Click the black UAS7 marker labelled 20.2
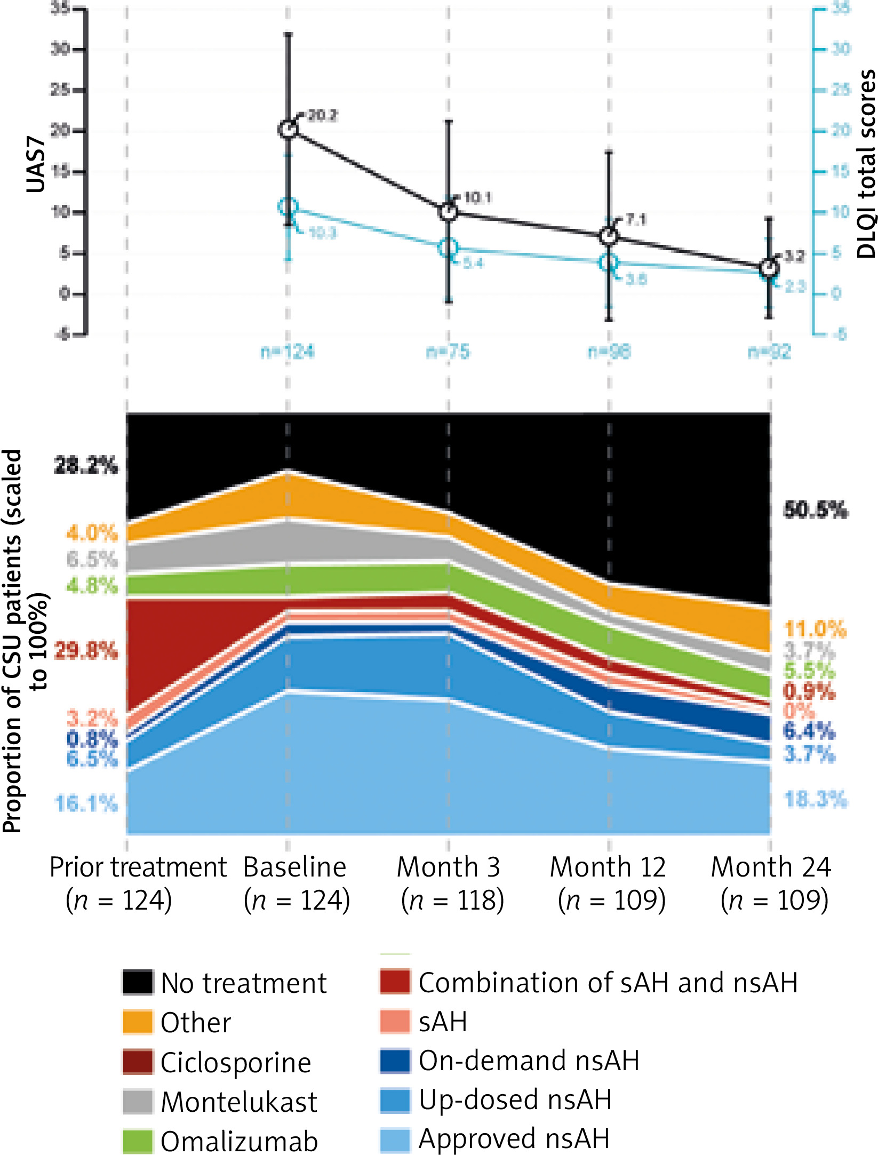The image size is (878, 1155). pos(288,129)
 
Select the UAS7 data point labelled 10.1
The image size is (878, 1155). pos(449,212)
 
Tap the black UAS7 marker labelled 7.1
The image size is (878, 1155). pos(609,236)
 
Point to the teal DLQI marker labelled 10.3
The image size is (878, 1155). pos(288,207)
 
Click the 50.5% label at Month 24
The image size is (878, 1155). pos(815,511)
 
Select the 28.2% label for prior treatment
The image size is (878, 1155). pos(86,466)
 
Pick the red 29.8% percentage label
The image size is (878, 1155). pos(86,651)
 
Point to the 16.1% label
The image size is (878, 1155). pos(86,803)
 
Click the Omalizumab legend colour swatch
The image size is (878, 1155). pos(138,1141)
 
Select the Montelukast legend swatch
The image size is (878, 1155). pos(138,1101)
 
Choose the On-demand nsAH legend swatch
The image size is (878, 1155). pos(395,1061)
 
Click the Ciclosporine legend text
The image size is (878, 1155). pos(236,1062)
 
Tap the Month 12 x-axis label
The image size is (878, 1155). pos(608,867)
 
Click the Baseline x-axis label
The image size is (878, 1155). pos(295,867)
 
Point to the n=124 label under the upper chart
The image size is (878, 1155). pos(288,352)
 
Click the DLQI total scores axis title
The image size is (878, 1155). pos(865,164)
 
